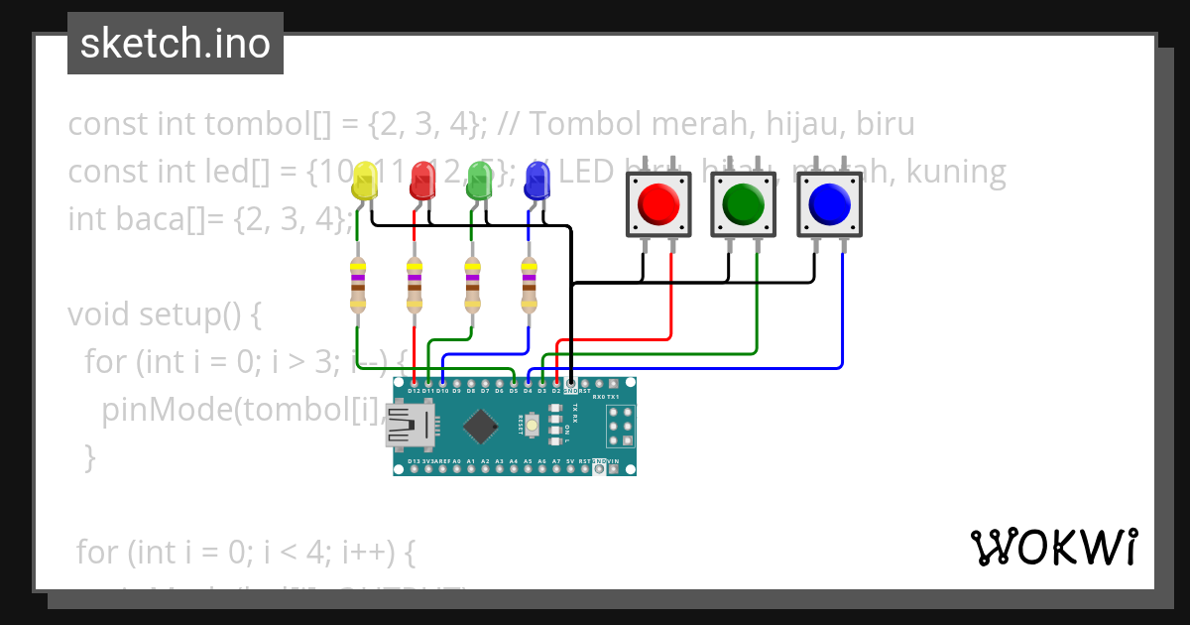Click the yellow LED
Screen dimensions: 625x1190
tap(365, 182)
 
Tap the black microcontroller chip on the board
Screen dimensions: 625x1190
tap(481, 427)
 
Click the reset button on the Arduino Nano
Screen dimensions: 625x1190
tap(533, 427)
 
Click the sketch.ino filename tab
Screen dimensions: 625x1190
tap(176, 45)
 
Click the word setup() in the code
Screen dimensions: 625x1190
tap(199, 314)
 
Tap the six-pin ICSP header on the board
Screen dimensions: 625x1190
tap(621, 427)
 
